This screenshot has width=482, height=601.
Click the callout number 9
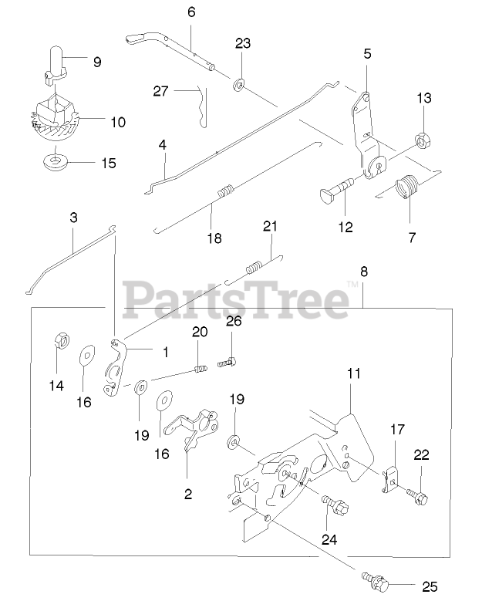pos(97,62)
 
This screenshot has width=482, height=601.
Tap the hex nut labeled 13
pos(423,139)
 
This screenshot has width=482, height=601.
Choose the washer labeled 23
pos(239,83)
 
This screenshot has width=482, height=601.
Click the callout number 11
pos(353,373)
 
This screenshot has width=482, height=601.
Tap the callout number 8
pos(363,272)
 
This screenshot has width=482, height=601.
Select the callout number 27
pos(160,92)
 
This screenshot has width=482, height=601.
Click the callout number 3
pos(73,218)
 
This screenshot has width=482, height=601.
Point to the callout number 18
pos(214,238)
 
